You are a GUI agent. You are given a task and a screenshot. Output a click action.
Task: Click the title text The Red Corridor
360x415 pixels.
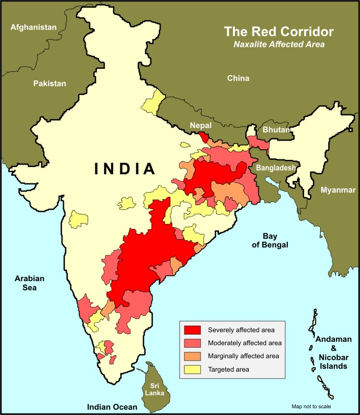tap(279, 32)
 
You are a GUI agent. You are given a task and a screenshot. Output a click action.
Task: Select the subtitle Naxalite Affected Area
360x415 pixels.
tap(279, 44)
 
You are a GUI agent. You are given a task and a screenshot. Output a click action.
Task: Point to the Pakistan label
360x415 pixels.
tap(50, 83)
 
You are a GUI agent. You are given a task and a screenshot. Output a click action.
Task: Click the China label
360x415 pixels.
tap(238, 78)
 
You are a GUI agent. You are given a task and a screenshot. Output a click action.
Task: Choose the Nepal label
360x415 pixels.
tap(200, 125)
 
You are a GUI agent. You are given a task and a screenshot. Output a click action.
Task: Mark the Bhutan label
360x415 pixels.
tap(276, 130)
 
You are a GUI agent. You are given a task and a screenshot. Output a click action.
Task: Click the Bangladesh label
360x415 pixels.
tap(274, 168)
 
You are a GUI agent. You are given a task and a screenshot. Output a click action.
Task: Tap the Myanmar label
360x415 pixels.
tap(338, 190)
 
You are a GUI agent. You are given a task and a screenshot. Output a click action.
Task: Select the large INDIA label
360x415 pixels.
tap(125, 169)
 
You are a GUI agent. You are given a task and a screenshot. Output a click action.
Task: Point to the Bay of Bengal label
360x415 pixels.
tap(275, 240)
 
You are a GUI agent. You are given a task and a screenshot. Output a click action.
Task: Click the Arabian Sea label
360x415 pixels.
tap(29, 283)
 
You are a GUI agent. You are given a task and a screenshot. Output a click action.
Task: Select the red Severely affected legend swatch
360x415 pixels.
tap(192, 330)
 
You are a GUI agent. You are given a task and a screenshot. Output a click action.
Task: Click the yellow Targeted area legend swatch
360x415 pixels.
tap(192, 369)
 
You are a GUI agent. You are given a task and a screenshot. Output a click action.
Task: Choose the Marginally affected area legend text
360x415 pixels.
tap(243, 356)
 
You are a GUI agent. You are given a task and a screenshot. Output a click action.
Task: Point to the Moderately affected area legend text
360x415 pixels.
tap(244, 343)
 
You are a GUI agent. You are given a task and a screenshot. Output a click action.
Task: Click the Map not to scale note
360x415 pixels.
tap(311, 406)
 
